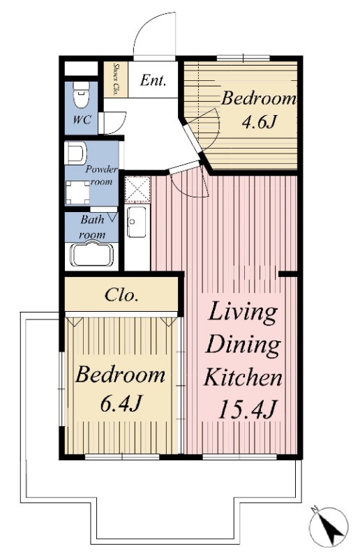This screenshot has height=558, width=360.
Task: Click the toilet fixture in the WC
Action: pos(81,94)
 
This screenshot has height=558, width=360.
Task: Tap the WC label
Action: pos(82,119)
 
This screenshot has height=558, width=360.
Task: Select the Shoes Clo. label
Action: pos(115,80)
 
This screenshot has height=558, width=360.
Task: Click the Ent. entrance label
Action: pos(153,80)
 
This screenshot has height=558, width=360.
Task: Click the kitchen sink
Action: pos(137,222)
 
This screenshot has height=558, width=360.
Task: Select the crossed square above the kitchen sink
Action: pos(138,189)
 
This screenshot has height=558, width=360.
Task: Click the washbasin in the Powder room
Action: pos(75,153)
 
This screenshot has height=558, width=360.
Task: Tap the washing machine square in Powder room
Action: pos(77,193)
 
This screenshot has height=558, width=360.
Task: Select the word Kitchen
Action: pos(243,377)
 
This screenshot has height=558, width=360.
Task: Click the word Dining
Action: pos(243,345)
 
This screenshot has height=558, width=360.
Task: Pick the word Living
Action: pos(243,312)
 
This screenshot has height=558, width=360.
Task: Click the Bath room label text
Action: pos(93,227)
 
